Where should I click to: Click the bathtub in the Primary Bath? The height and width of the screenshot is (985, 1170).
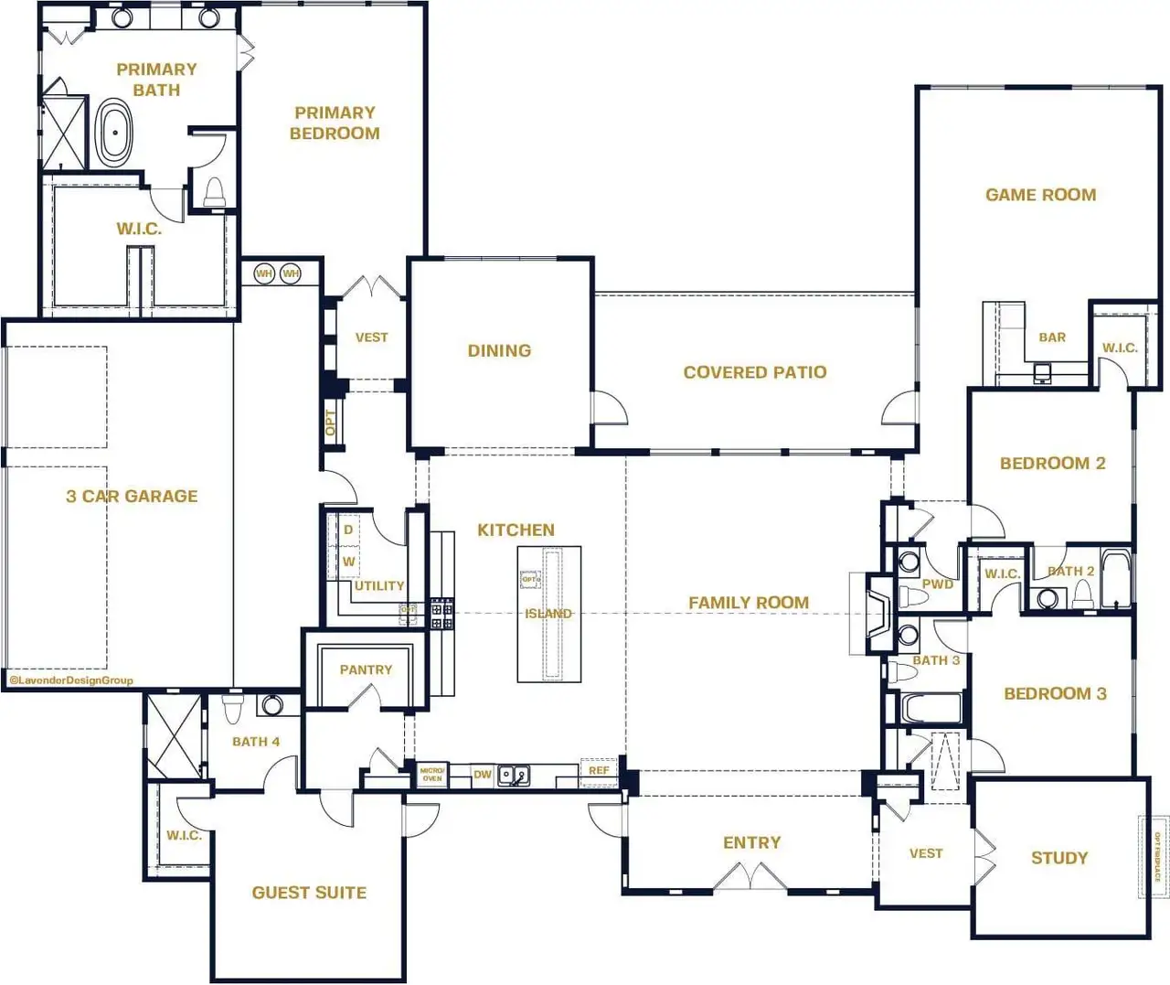click(115, 134)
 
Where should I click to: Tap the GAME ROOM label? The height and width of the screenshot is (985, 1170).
click(1040, 195)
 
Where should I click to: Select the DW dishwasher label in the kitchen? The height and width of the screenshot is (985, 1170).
click(483, 775)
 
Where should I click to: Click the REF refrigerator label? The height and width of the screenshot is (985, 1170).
click(599, 771)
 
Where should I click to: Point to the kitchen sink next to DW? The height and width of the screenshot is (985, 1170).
click(513, 776)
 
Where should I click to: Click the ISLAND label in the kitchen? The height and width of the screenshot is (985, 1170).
click(548, 614)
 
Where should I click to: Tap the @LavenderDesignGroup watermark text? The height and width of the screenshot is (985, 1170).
click(71, 680)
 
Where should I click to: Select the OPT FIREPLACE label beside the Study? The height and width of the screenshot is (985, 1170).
click(1156, 858)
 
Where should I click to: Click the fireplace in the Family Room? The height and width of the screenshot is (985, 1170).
click(878, 614)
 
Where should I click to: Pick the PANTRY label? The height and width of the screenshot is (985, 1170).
click(366, 669)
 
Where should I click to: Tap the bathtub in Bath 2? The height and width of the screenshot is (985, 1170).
click(1115, 578)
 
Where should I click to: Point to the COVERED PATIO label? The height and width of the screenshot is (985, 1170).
click(754, 372)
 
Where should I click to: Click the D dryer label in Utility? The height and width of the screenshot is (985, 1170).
click(348, 530)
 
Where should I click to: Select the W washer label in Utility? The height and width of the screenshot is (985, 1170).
click(348, 562)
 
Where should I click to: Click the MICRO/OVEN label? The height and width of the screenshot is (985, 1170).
click(432, 775)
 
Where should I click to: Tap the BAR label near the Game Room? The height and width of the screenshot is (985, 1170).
click(1052, 337)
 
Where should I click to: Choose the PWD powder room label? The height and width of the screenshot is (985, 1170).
click(938, 584)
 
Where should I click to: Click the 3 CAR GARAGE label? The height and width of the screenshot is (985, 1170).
click(132, 497)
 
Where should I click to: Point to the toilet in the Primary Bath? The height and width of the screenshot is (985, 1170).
click(215, 192)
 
